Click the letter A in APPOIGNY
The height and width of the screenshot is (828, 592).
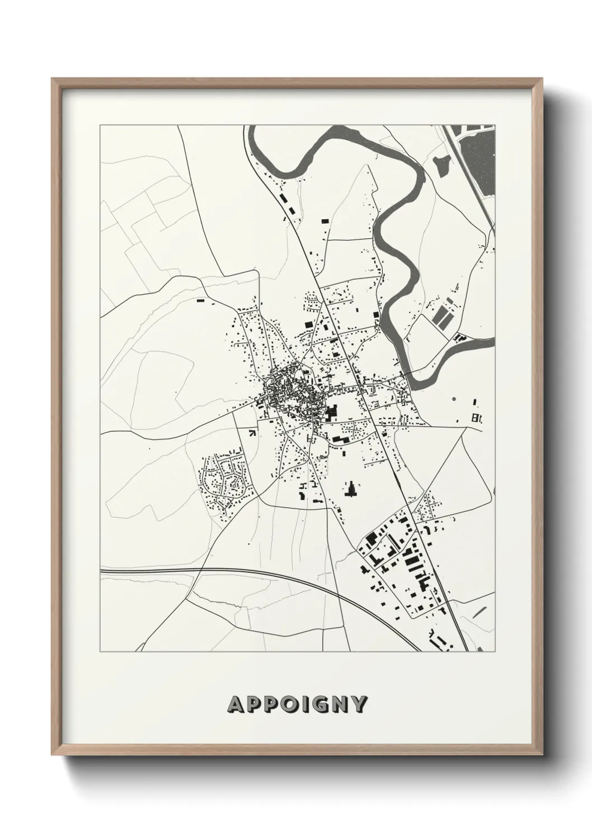click(x=235, y=705)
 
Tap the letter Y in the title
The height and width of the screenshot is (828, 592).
click(x=359, y=705)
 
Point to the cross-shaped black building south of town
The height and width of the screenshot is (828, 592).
click(x=352, y=490)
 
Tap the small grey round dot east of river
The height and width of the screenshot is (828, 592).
click(x=453, y=399)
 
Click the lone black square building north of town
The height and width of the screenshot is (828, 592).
click(x=325, y=222)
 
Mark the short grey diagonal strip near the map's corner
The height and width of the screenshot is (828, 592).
click(x=480, y=611)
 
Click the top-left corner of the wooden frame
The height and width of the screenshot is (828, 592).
click(x=53, y=79)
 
